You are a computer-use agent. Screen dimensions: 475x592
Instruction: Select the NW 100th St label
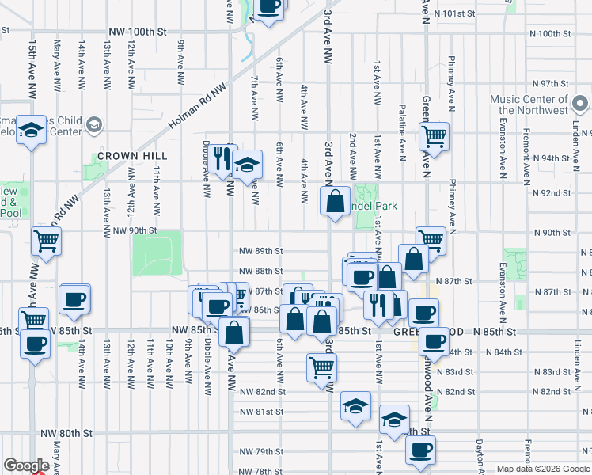pyautogui.click(x=139, y=32)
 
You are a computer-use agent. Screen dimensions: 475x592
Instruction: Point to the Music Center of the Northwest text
pyautogui.click(x=528, y=105)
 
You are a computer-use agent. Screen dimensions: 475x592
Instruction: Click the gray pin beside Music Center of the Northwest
pyautogui.click(x=580, y=104)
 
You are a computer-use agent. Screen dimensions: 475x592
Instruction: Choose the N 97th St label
pyautogui.click(x=551, y=83)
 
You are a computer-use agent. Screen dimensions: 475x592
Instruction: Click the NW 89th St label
pyautogui.click(x=261, y=251)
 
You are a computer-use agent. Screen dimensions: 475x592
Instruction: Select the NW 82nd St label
pyautogui.click(x=261, y=392)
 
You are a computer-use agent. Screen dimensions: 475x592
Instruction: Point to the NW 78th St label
pyautogui.click(x=261, y=470)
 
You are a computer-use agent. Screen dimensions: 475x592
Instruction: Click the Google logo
pyautogui.click(x=26, y=465)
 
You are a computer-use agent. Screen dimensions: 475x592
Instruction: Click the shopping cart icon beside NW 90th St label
pyautogui.click(x=46, y=240)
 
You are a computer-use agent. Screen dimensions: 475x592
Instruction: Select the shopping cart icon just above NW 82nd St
pyautogui.click(x=322, y=366)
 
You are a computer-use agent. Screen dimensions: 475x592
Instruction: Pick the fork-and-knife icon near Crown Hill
pyautogui.click(x=222, y=159)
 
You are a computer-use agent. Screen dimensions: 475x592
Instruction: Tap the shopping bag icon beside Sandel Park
pyautogui.click(x=335, y=200)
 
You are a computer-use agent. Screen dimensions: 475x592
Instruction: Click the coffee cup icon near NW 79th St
pyautogui.click(x=420, y=450)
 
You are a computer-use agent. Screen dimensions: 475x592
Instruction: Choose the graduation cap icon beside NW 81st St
pyautogui.click(x=356, y=407)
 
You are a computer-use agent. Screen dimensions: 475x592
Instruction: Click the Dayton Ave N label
pyautogui.click(x=479, y=458)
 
